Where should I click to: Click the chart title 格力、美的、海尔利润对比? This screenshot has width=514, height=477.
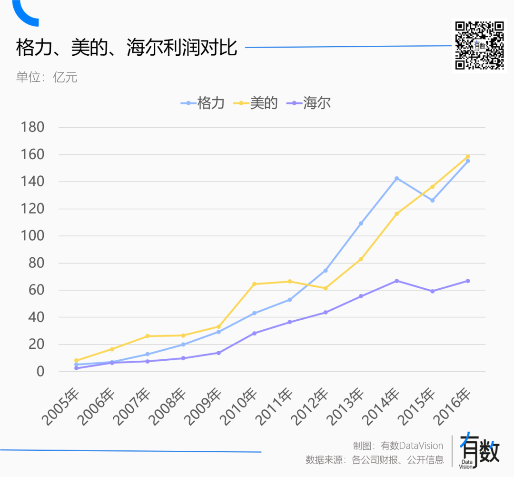click(127, 48)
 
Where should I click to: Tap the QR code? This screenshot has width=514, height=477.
click(479, 46)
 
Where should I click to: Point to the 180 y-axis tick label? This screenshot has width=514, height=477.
click(33, 127)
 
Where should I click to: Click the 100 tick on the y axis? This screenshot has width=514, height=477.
click(33, 236)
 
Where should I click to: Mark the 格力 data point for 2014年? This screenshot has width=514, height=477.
click(396, 178)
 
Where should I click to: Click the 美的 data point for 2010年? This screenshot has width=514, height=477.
click(254, 284)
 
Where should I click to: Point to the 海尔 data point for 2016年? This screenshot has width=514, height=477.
click(468, 281)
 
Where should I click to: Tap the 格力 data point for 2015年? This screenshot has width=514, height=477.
click(432, 200)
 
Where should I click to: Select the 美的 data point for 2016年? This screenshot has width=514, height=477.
click(468, 156)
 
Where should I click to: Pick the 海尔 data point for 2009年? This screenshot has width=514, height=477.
click(218, 353)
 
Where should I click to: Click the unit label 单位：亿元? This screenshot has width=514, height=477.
click(47, 77)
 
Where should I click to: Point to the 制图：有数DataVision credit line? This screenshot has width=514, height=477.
click(398, 446)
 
